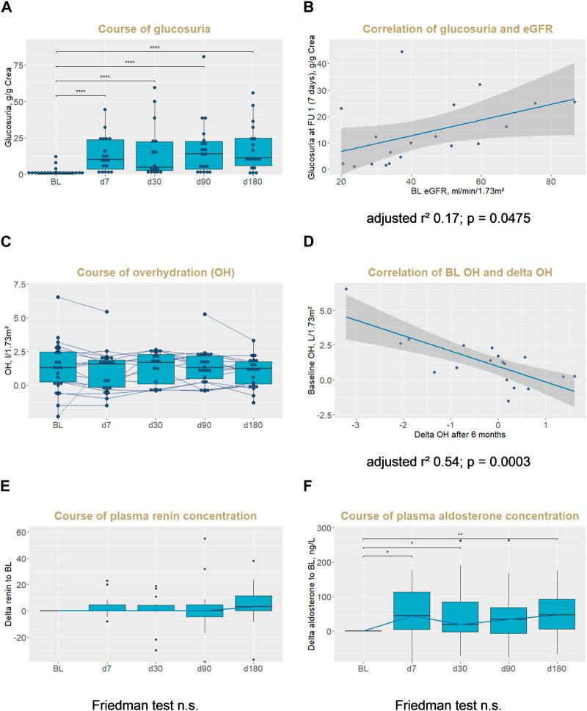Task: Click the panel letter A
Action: coord(10,10)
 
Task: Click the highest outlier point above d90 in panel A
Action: coord(203,56)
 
